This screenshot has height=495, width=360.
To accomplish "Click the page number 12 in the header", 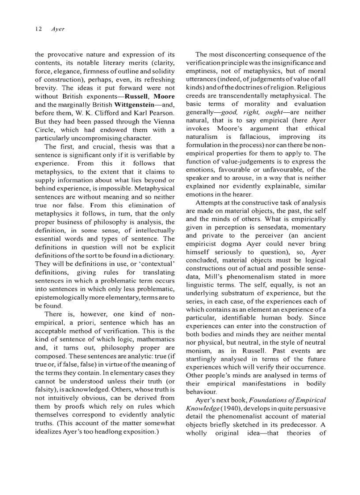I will tap(38, 29).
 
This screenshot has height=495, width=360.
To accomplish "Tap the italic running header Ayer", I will tap(58, 29).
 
